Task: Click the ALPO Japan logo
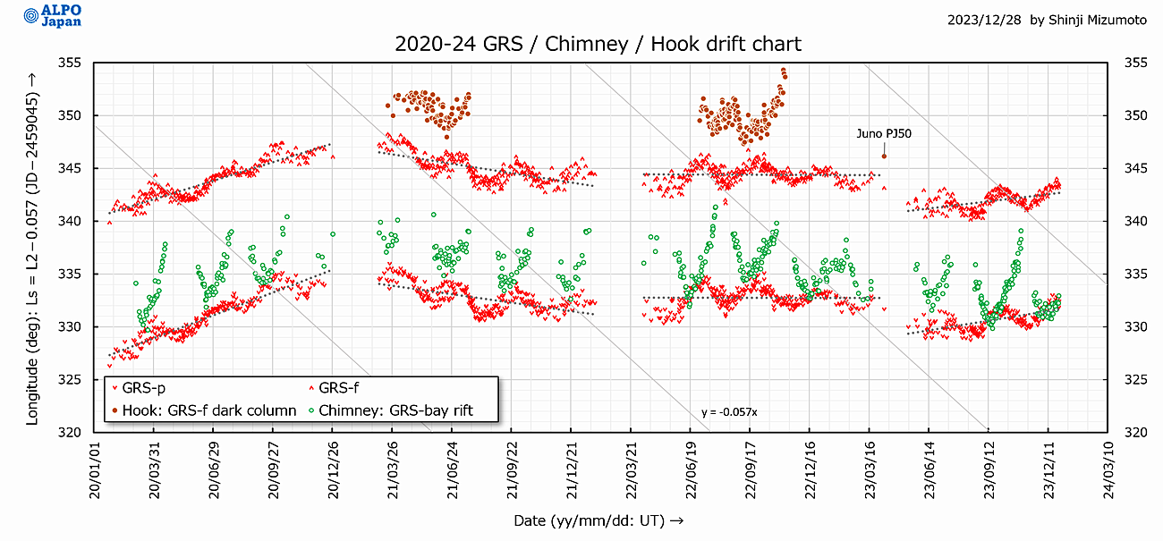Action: point(53,16)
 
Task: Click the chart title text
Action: point(598,44)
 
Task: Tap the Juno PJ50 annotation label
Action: point(884,133)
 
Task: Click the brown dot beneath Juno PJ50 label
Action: point(884,156)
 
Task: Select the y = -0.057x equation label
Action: point(729,412)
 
